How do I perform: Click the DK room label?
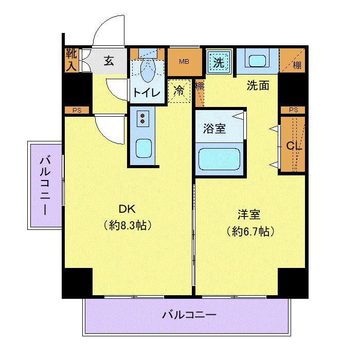[x=127, y=209]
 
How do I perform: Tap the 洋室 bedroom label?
[x=249, y=214]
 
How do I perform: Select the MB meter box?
[x=184, y=62]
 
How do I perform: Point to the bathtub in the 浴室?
[x=219, y=159]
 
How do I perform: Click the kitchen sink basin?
[x=143, y=148]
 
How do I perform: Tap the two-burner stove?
[x=142, y=119]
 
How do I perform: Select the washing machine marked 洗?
[x=219, y=62]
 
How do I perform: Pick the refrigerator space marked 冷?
[x=179, y=91]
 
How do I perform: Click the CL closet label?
[x=294, y=146]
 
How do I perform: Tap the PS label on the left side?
[x=77, y=111]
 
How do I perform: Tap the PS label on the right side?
[x=294, y=110]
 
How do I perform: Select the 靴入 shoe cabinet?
[x=71, y=60]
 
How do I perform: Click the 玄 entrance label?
[x=109, y=61]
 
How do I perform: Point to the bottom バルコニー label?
[x=189, y=315]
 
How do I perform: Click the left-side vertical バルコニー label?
[x=45, y=185]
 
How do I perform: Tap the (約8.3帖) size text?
[x=128, y=225]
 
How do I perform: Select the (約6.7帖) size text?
[x=250, y=231]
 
